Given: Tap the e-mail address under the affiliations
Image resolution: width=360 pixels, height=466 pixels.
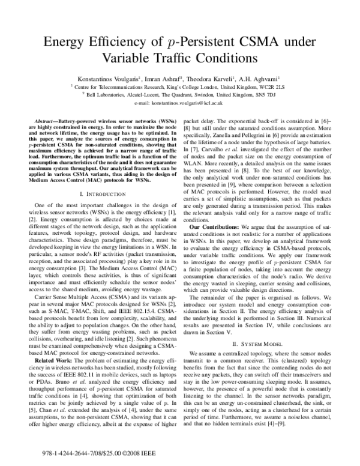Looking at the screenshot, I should [x=180, y=103].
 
